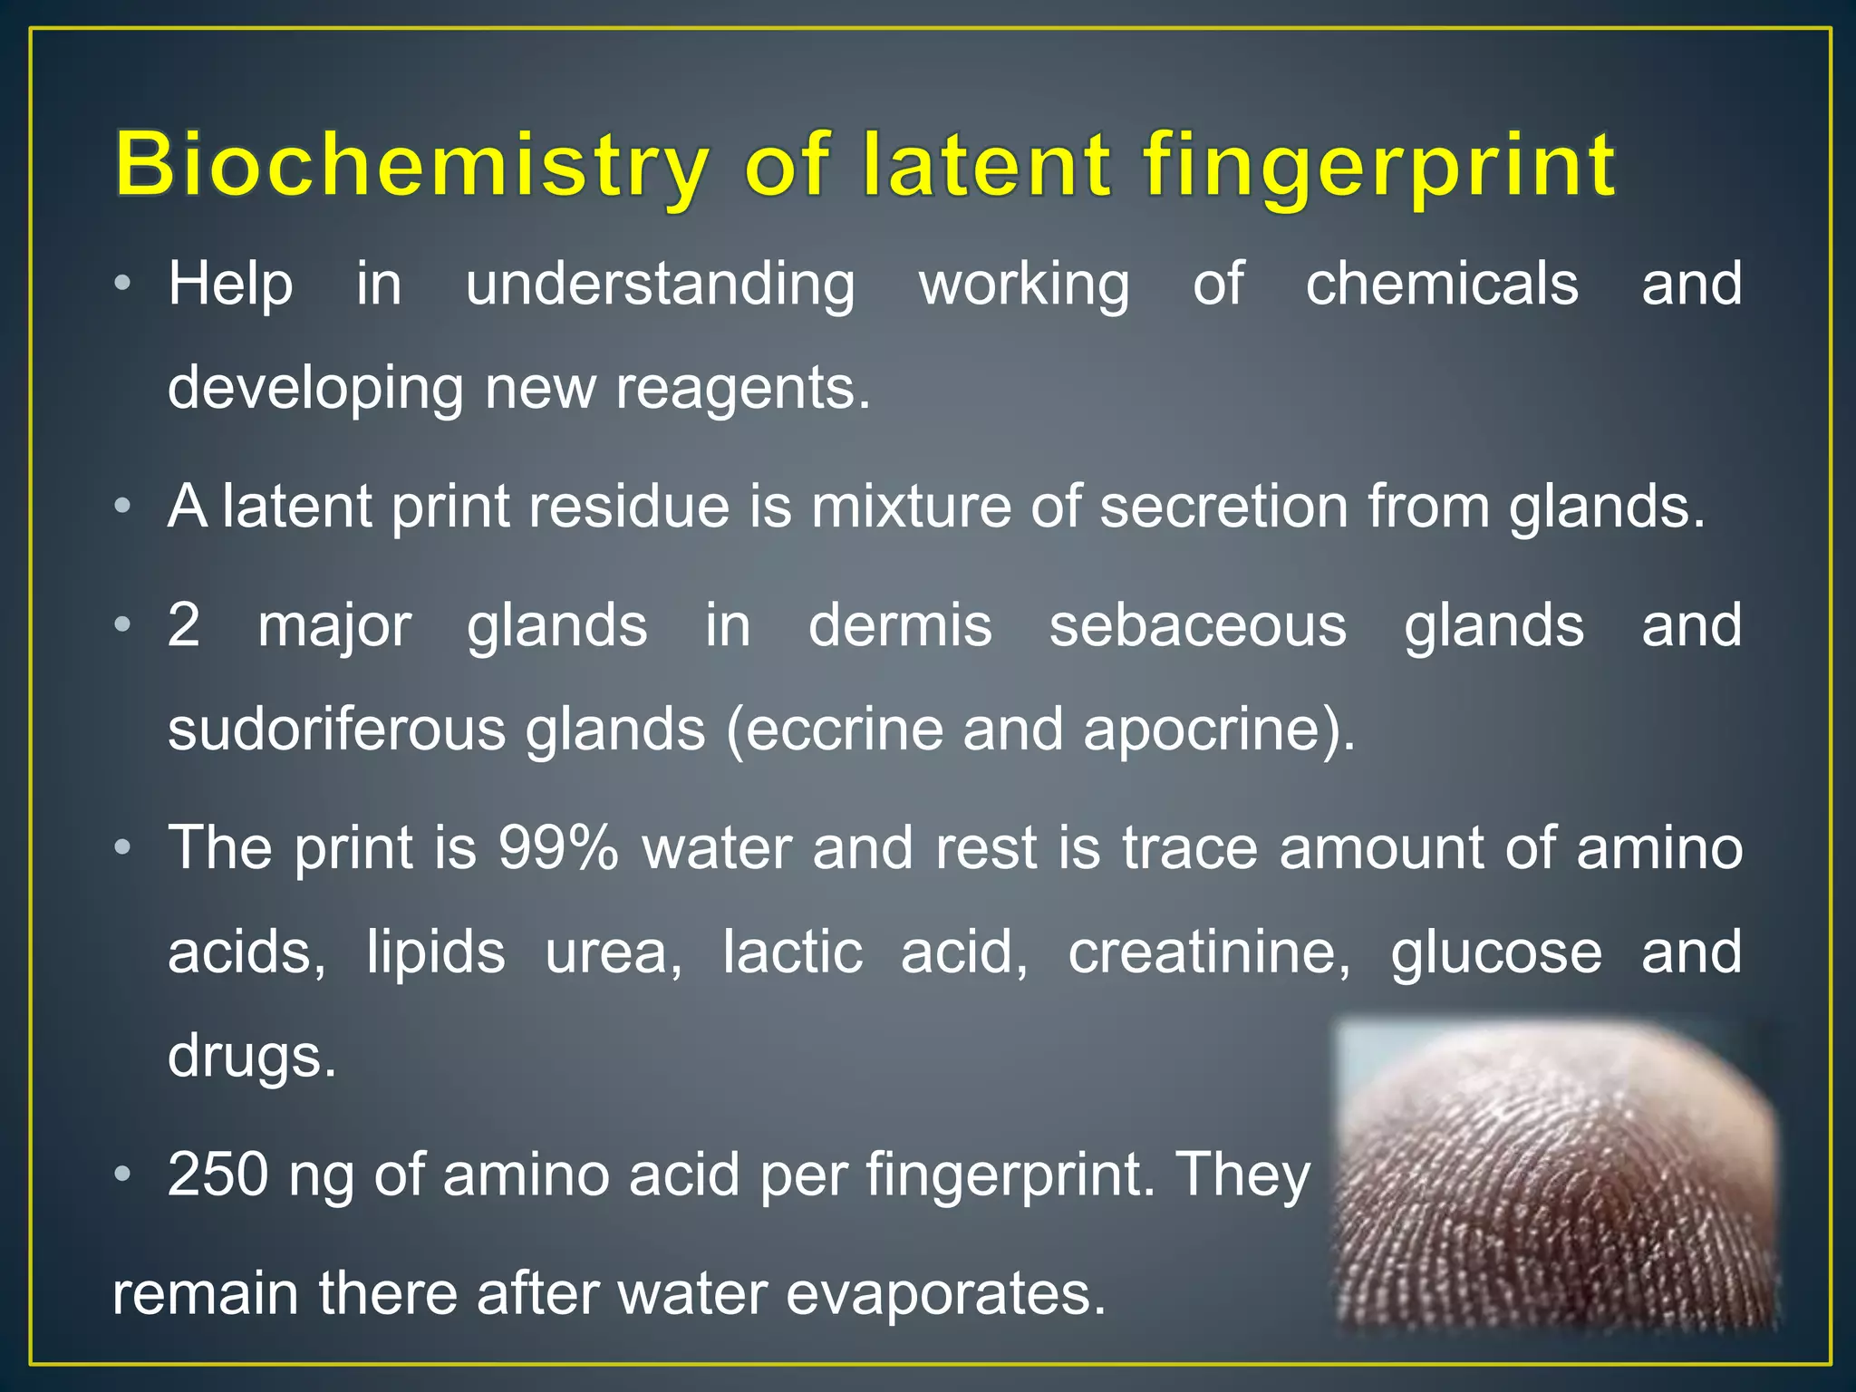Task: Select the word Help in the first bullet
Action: coord(230,285)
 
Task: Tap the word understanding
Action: coord(660,285)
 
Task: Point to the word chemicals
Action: coord(1442,285)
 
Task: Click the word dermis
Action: coord(900,625)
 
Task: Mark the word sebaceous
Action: coord(1197,625)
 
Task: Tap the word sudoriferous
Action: coord(336,730)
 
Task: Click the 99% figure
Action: coord(558,848)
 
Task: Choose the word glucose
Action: coord(1496,952)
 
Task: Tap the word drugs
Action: coord(252,1057)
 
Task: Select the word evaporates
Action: coord(945,1293)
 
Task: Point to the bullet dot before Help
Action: coord(122,285)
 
